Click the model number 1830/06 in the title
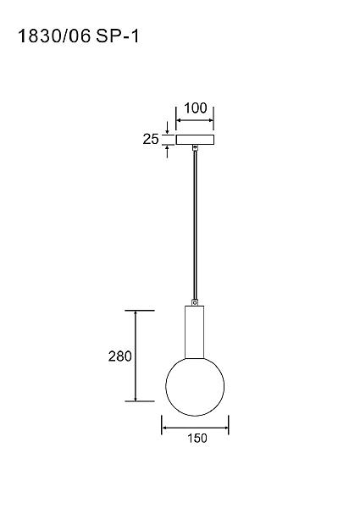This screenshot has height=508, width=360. pos(54,36)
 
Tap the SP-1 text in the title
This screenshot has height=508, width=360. pos(118,36)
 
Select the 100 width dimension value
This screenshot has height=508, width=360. pos(196,108)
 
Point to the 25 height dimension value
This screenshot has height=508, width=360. pos(151,139)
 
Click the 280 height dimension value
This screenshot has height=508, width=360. pos(120,356)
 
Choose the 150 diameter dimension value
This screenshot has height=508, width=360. pos(197,438)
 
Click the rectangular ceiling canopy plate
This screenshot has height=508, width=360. pos(195,140)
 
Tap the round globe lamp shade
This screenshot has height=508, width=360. pos(195,386)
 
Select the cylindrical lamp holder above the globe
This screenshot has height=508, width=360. pos(195,331)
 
